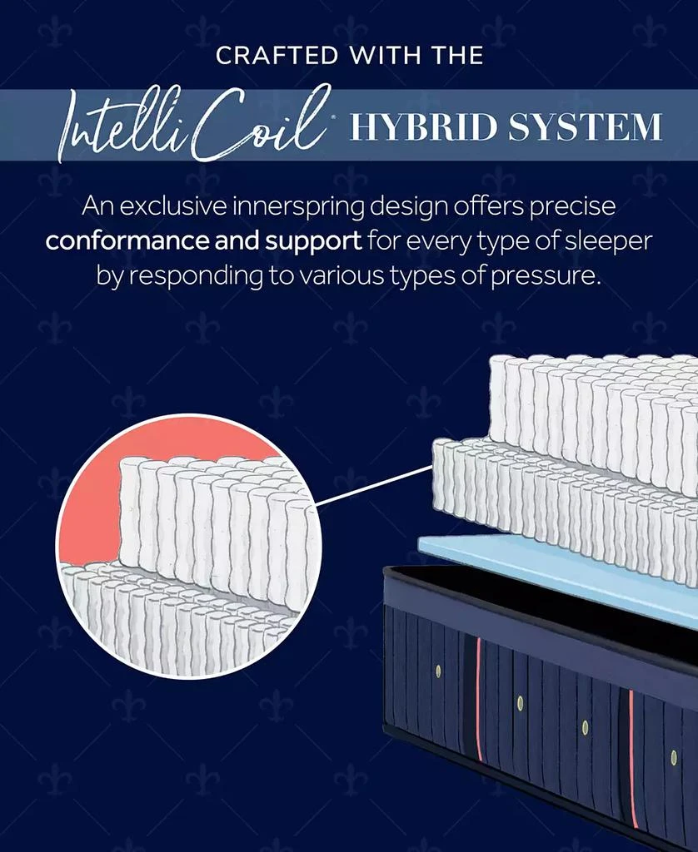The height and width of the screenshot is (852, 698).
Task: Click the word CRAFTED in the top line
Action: click(x=277, y=56)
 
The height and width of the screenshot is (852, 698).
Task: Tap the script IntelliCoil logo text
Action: click(x=194, y=125)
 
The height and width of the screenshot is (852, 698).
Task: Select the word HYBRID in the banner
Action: click(x=424, y=126)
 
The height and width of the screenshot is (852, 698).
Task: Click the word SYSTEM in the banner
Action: click(x=586, y=126)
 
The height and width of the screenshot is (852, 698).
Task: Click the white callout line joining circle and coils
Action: click(x=374, y=485)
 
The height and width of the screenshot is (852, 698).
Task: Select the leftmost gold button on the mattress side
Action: click(x=438, y=672)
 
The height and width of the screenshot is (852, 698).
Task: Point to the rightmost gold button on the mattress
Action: click(x=674, y=757)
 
